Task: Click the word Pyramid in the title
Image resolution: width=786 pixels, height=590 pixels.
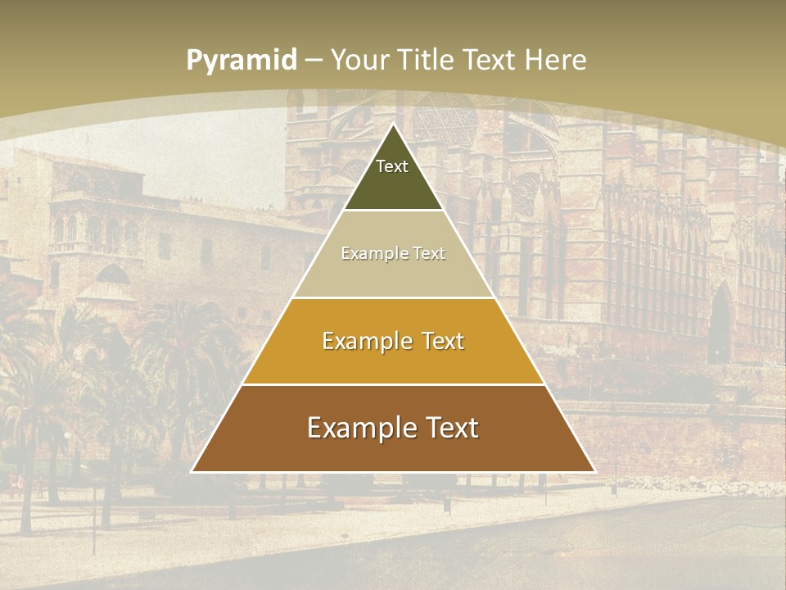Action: point(242,60)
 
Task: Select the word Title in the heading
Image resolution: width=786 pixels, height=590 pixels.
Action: point(426,60)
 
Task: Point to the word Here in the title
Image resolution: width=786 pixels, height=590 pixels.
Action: point(555,60)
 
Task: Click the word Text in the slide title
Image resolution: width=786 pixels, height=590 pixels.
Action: point(491,60)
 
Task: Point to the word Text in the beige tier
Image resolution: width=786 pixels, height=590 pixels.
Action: point(429,253)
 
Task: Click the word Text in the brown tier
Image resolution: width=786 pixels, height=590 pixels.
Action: point(450,428)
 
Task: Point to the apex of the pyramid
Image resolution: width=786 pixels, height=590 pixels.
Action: point(393,125)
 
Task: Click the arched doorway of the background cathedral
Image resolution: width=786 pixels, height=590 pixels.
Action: point(720,324)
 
